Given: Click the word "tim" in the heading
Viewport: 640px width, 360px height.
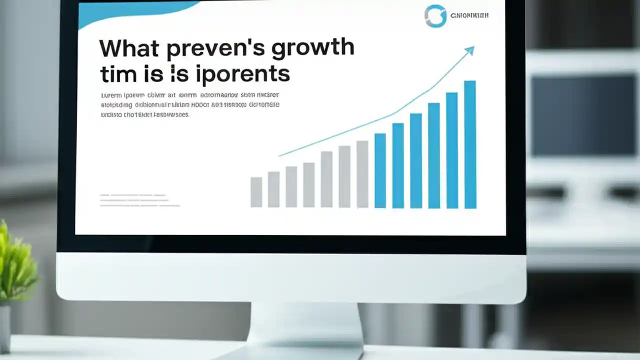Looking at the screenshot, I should point(117,74).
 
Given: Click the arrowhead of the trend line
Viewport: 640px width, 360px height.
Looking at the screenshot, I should point(469,50).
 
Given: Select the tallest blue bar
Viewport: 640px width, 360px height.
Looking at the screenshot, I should point(470,144).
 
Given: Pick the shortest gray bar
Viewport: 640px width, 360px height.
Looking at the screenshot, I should point(256,192).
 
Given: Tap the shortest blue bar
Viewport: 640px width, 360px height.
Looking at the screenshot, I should point(380,170).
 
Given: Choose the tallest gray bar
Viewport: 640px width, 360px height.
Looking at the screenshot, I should point(362,174).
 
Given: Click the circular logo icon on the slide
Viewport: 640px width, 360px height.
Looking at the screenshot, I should point(435,16).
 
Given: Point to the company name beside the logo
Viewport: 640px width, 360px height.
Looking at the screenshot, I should point(469,15).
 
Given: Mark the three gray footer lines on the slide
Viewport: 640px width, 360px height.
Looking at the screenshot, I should point(139,200).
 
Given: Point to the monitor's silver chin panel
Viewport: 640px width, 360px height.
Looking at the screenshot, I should point(290,275).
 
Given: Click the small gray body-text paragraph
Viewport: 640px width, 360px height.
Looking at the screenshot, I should point(190,104).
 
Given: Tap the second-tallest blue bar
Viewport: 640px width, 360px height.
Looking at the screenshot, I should point(451,150).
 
